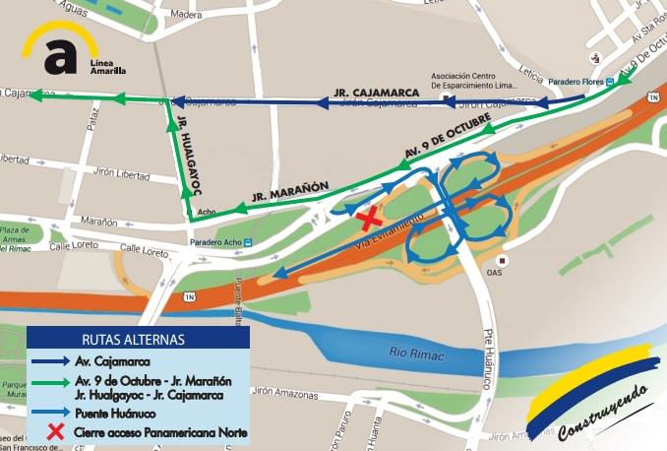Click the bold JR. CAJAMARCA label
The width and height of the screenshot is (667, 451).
(x=378, y=92)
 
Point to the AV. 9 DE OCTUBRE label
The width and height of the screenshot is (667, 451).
(x=448, y=136)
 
